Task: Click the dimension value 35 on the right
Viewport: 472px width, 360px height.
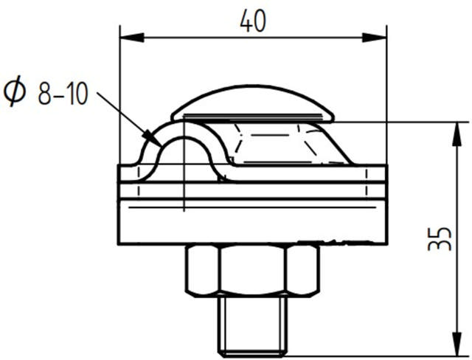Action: (440, 238)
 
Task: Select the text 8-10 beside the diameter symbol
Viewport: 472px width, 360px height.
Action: (63, 94)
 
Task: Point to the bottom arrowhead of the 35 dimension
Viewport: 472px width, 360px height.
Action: (450, 351)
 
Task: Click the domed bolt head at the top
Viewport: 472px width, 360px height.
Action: (253, 105)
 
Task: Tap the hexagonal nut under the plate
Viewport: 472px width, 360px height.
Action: (252, 270)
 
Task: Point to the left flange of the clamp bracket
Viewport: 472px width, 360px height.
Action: (131, 172)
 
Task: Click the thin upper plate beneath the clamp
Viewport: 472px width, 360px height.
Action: (252, 190)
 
